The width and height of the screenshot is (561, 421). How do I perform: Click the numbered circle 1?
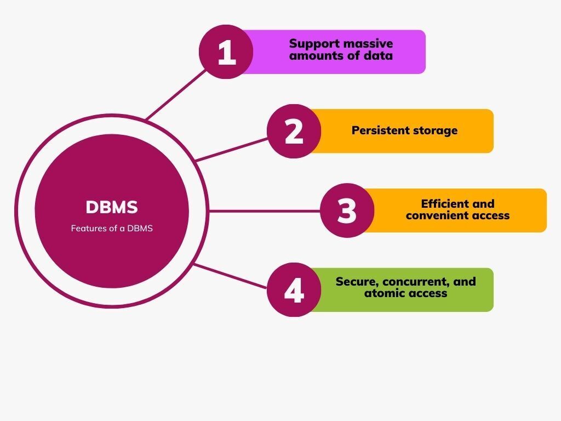tap(226, 52)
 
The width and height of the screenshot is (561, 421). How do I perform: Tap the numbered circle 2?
tap(294, 132)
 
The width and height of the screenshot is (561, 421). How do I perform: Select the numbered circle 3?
tap(347, 210)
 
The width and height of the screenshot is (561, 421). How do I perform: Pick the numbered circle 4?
tap(294, 290)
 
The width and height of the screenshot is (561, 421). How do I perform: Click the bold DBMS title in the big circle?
tap(112, 207)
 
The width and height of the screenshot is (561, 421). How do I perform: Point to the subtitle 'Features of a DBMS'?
tap(112, 229)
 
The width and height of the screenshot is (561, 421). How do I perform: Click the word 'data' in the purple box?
tap(379, 55)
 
